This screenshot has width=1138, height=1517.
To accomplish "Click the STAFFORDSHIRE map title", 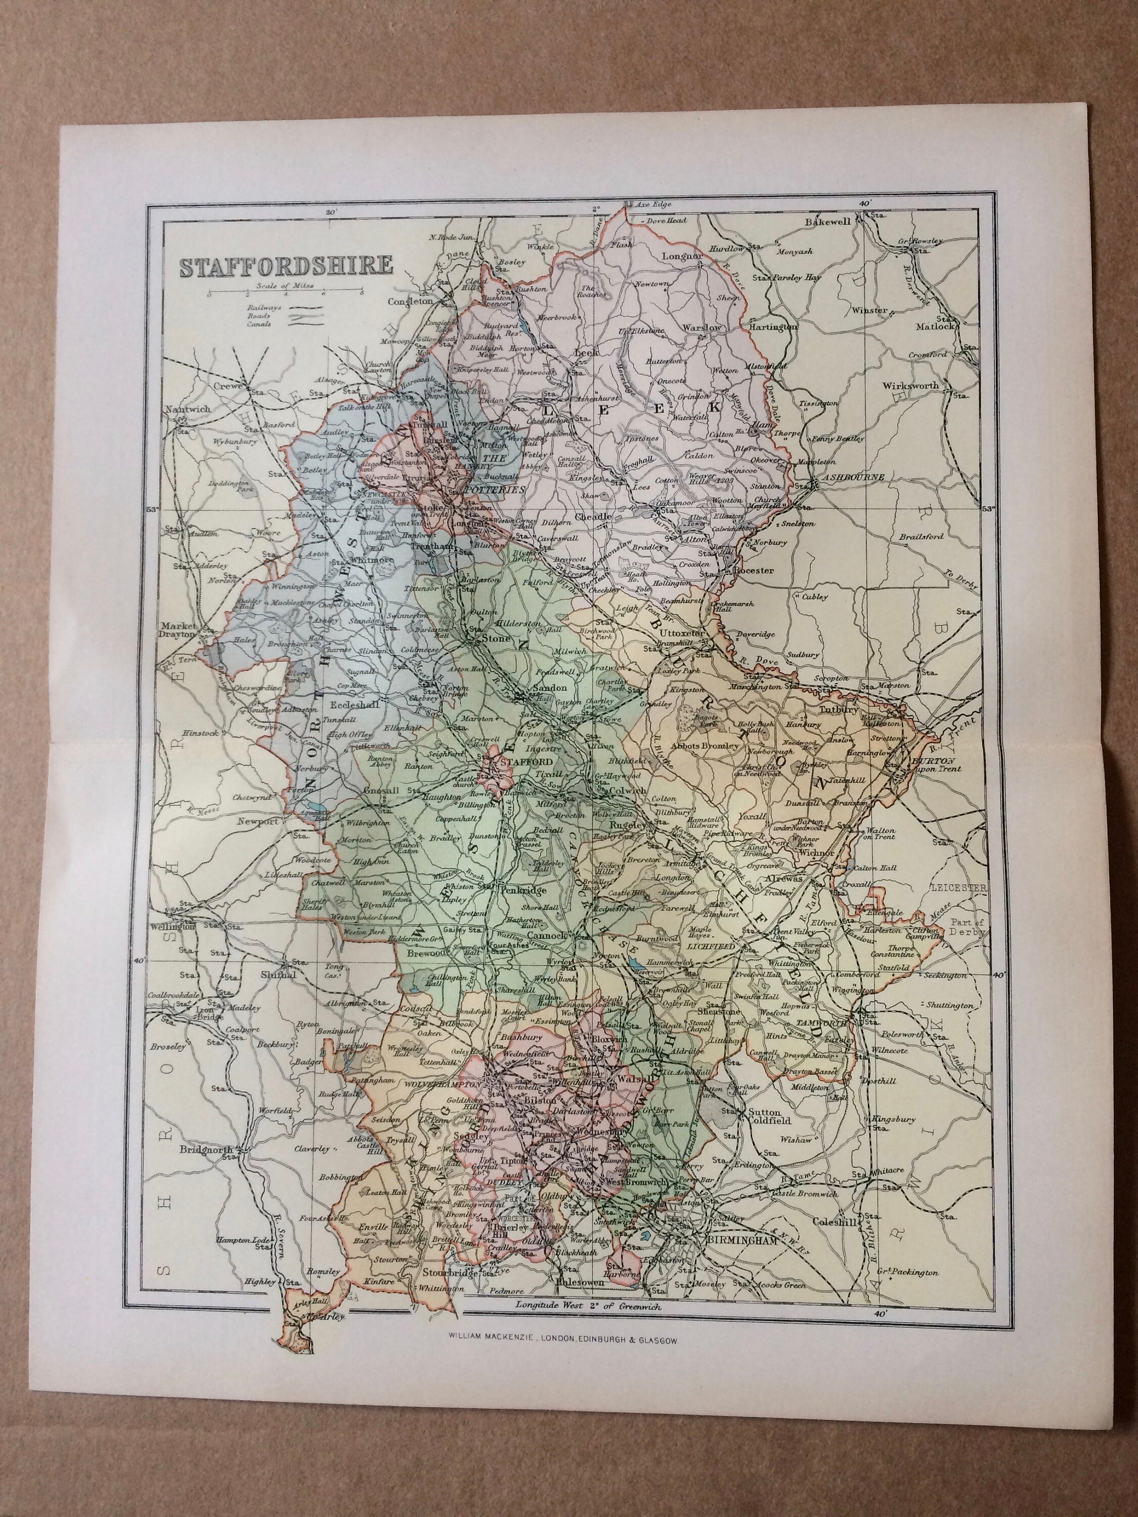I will (x=286, y=265).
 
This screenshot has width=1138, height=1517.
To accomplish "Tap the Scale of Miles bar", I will (x=285, y=293).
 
